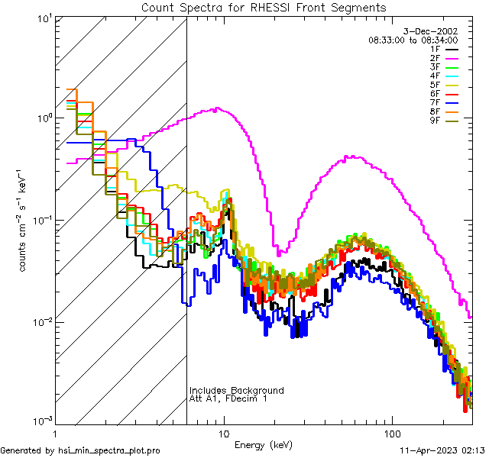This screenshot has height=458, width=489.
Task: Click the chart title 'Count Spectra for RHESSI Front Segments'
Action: (264, 7)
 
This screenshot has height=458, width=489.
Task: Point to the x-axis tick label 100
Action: (391, 433)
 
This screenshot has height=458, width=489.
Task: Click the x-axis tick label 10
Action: (223, 433)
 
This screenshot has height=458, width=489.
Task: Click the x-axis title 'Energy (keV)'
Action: (264, 444)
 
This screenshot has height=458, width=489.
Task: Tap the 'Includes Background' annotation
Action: (236, 390)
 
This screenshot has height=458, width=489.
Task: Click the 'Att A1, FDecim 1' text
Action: (228, 398)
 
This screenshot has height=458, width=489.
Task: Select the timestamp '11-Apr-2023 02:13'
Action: (442, 451)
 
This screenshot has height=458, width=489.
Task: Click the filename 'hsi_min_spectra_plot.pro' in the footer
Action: (109, 451)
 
